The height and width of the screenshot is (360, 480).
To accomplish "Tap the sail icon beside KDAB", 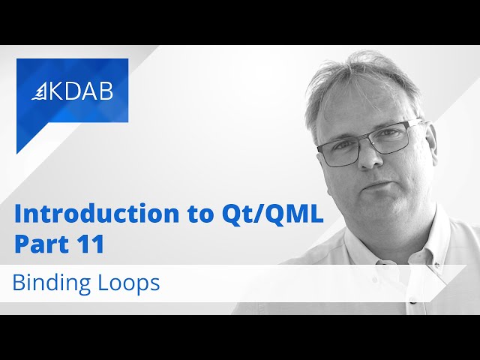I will tap(40, 91).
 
